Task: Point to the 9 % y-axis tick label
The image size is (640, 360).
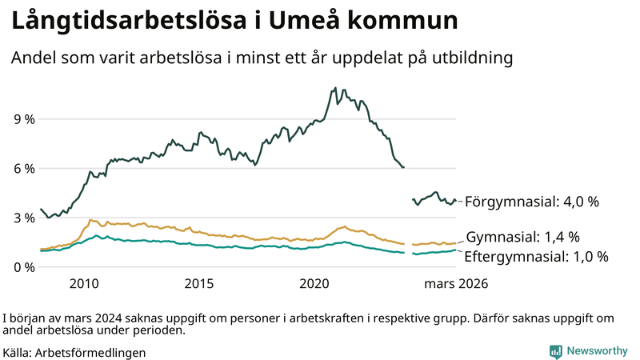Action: [24, 119]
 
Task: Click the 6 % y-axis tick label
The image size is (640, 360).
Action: [24, 169]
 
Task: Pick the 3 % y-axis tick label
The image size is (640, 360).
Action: [24, 218]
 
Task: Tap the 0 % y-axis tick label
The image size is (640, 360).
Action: [24, 267]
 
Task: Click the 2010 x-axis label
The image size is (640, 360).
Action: [84, 283]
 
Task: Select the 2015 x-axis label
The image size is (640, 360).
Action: [199, 283]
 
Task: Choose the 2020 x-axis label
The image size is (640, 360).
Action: [314, 283]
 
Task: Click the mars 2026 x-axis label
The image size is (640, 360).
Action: [456, 283]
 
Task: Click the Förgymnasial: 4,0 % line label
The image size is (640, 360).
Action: [531, 202]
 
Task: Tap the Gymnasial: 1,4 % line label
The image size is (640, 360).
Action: [522, 237]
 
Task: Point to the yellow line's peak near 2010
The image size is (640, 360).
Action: [90, 219]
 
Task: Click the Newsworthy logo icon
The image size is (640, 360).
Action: [555, 351]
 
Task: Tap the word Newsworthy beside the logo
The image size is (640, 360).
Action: [597, 351]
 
